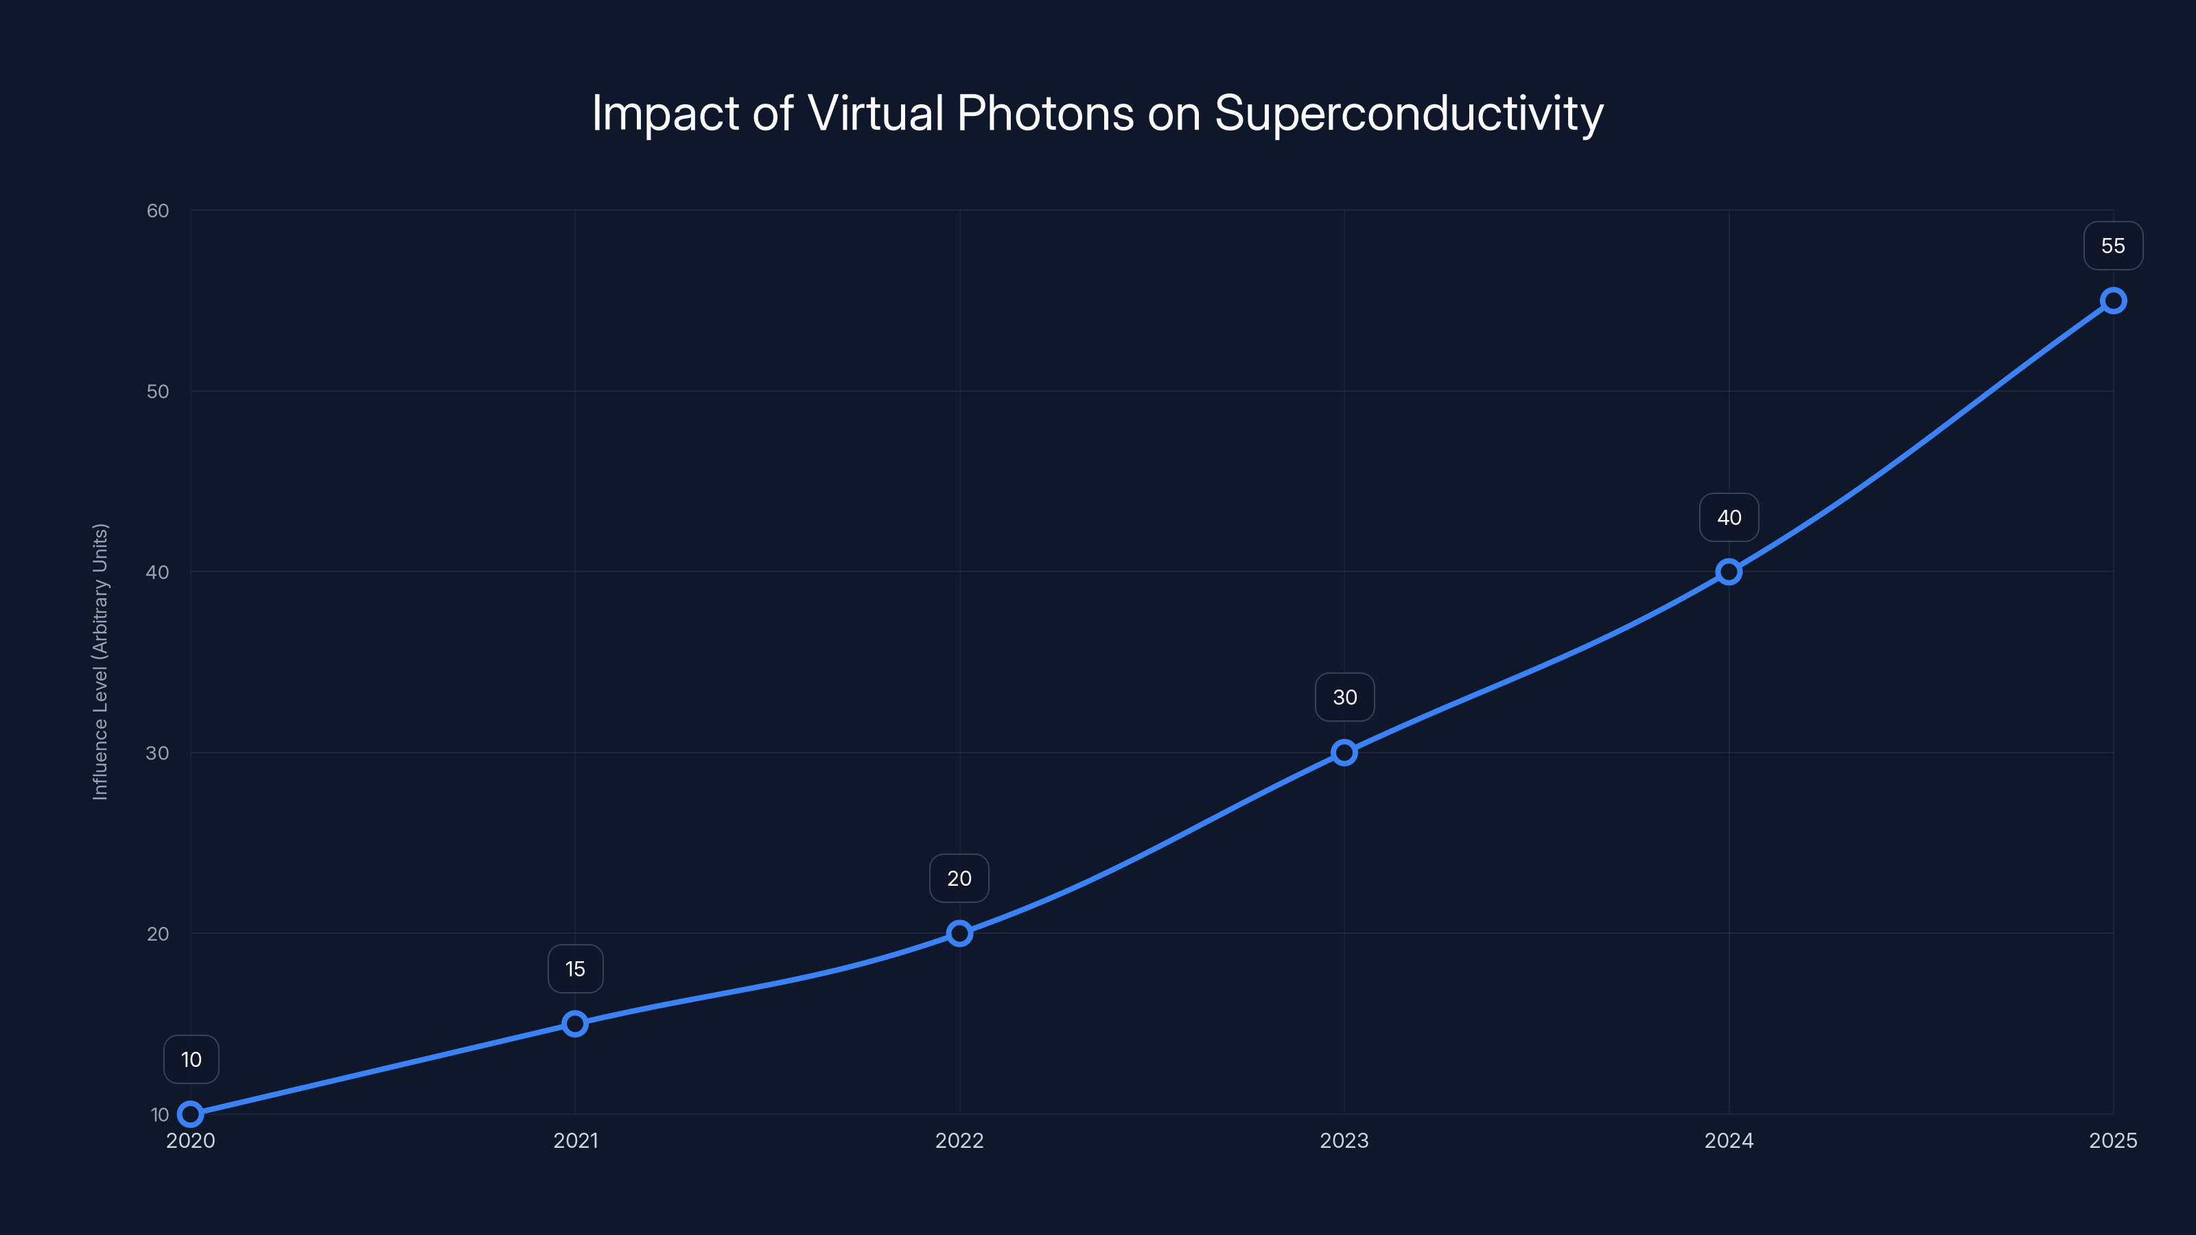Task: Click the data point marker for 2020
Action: pyautogui.click(x=190, y=1114)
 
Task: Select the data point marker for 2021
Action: pyautogui.click(x=576, y=1024)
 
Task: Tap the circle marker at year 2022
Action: pyautogui.click(x=960, y=933)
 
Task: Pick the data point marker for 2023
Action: pyautogui.click(x=1344, y=753)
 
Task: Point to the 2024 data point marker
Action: pyautogui.click(x=1729, y=572)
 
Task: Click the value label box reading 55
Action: pyautogui.click(x=2114, y=246)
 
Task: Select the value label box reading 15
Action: pyautogui.click(x=576, y=969)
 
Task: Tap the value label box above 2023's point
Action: pyautogui.click(x=1344, y=697)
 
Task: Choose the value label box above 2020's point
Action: pyautogui.click(x=191, y=1059)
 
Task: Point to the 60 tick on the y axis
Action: pyautogui.click(x=158, y=211)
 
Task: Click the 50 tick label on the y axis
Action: pyautogui.click(x=158, y=391)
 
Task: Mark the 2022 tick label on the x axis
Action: pyautogui.click(x=959, y=1140)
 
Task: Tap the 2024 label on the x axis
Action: pyautogui.click(x=1729, y=1140)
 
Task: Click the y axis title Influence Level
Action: pyautogui.click(x=101, y=661)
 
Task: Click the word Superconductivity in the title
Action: pyautogui.click(x=1408, y=113)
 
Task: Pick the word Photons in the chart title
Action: pyautogui.click(x=1045, y=113)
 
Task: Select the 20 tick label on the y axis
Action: pyautogui.click(x=158, y=933)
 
